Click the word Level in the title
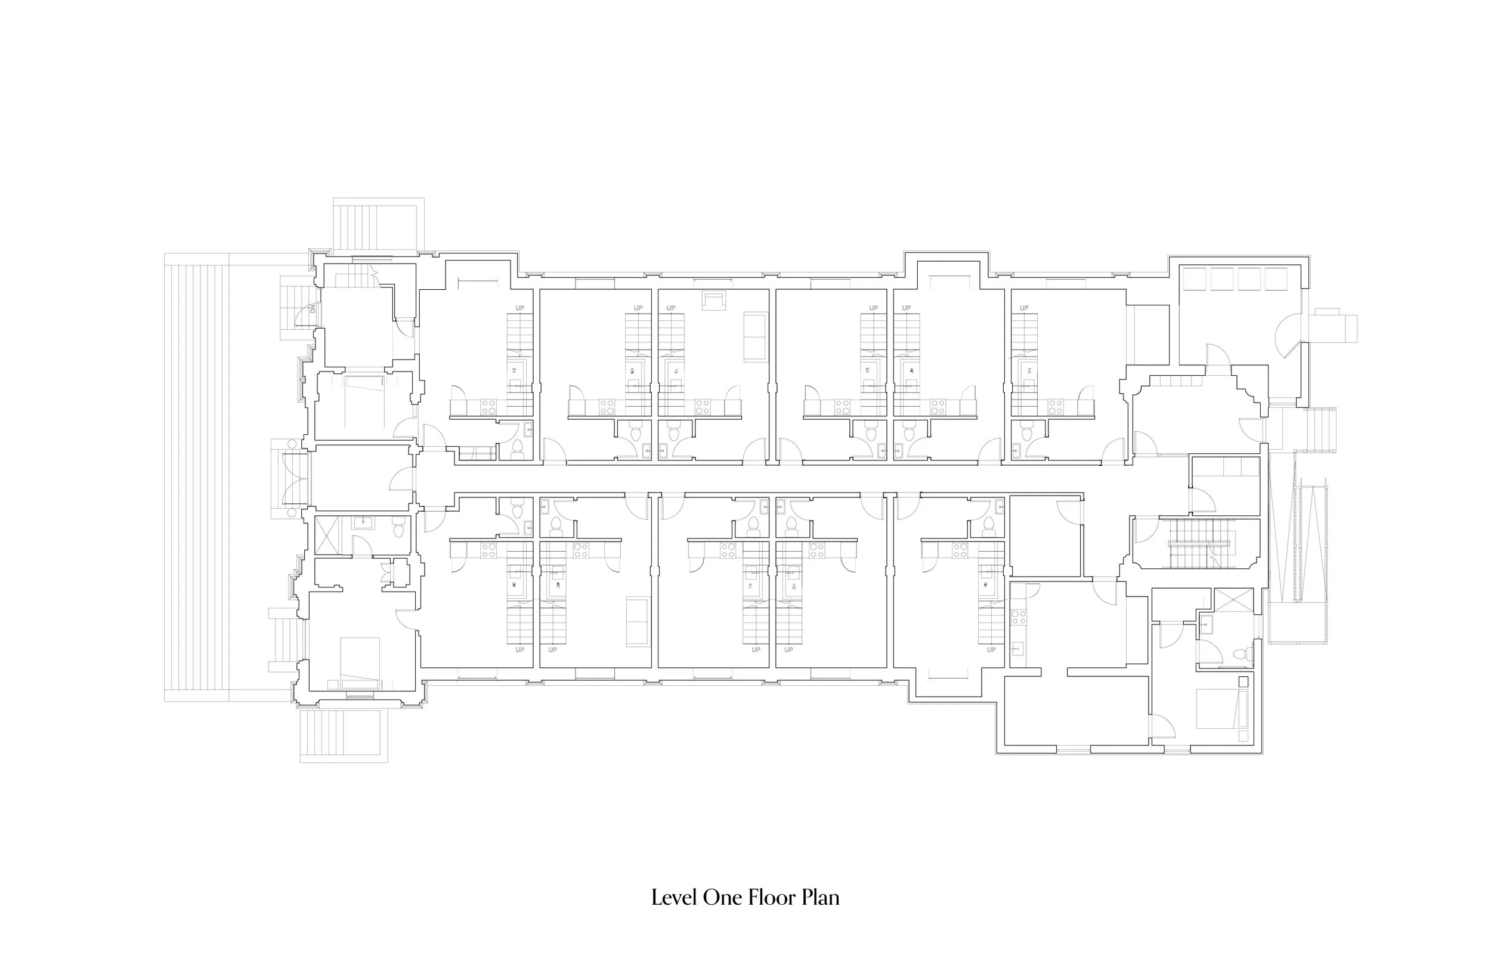coord(675,898)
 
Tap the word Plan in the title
coord(821,898)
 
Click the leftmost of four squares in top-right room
coord(1193,279)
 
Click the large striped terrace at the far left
coord(196,476)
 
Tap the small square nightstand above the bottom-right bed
coord(1243,682)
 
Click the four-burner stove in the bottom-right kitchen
coord(1019,617)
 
